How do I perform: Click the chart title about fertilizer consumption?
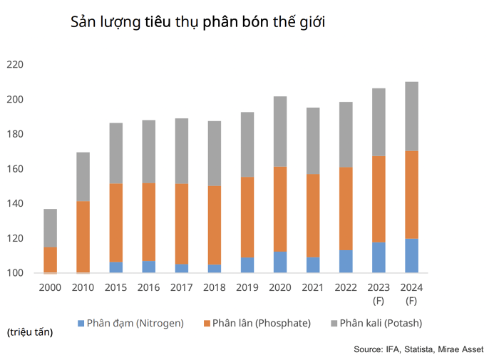(197, 22)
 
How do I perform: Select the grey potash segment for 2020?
(280, 131)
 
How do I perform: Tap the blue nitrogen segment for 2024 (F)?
(411, 256)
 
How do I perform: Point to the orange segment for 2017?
(182, 224)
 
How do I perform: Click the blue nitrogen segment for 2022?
(346, 262)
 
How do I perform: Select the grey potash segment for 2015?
(116, 153)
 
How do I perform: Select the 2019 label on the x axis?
(247, 287)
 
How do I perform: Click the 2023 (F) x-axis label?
(379, 294)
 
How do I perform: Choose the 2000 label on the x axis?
(50, 287)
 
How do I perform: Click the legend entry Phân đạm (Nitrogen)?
(130, 323)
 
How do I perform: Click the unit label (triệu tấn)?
(29, 332)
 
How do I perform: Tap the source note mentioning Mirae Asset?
(418, 349)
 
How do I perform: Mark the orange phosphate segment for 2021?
(313, 215)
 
